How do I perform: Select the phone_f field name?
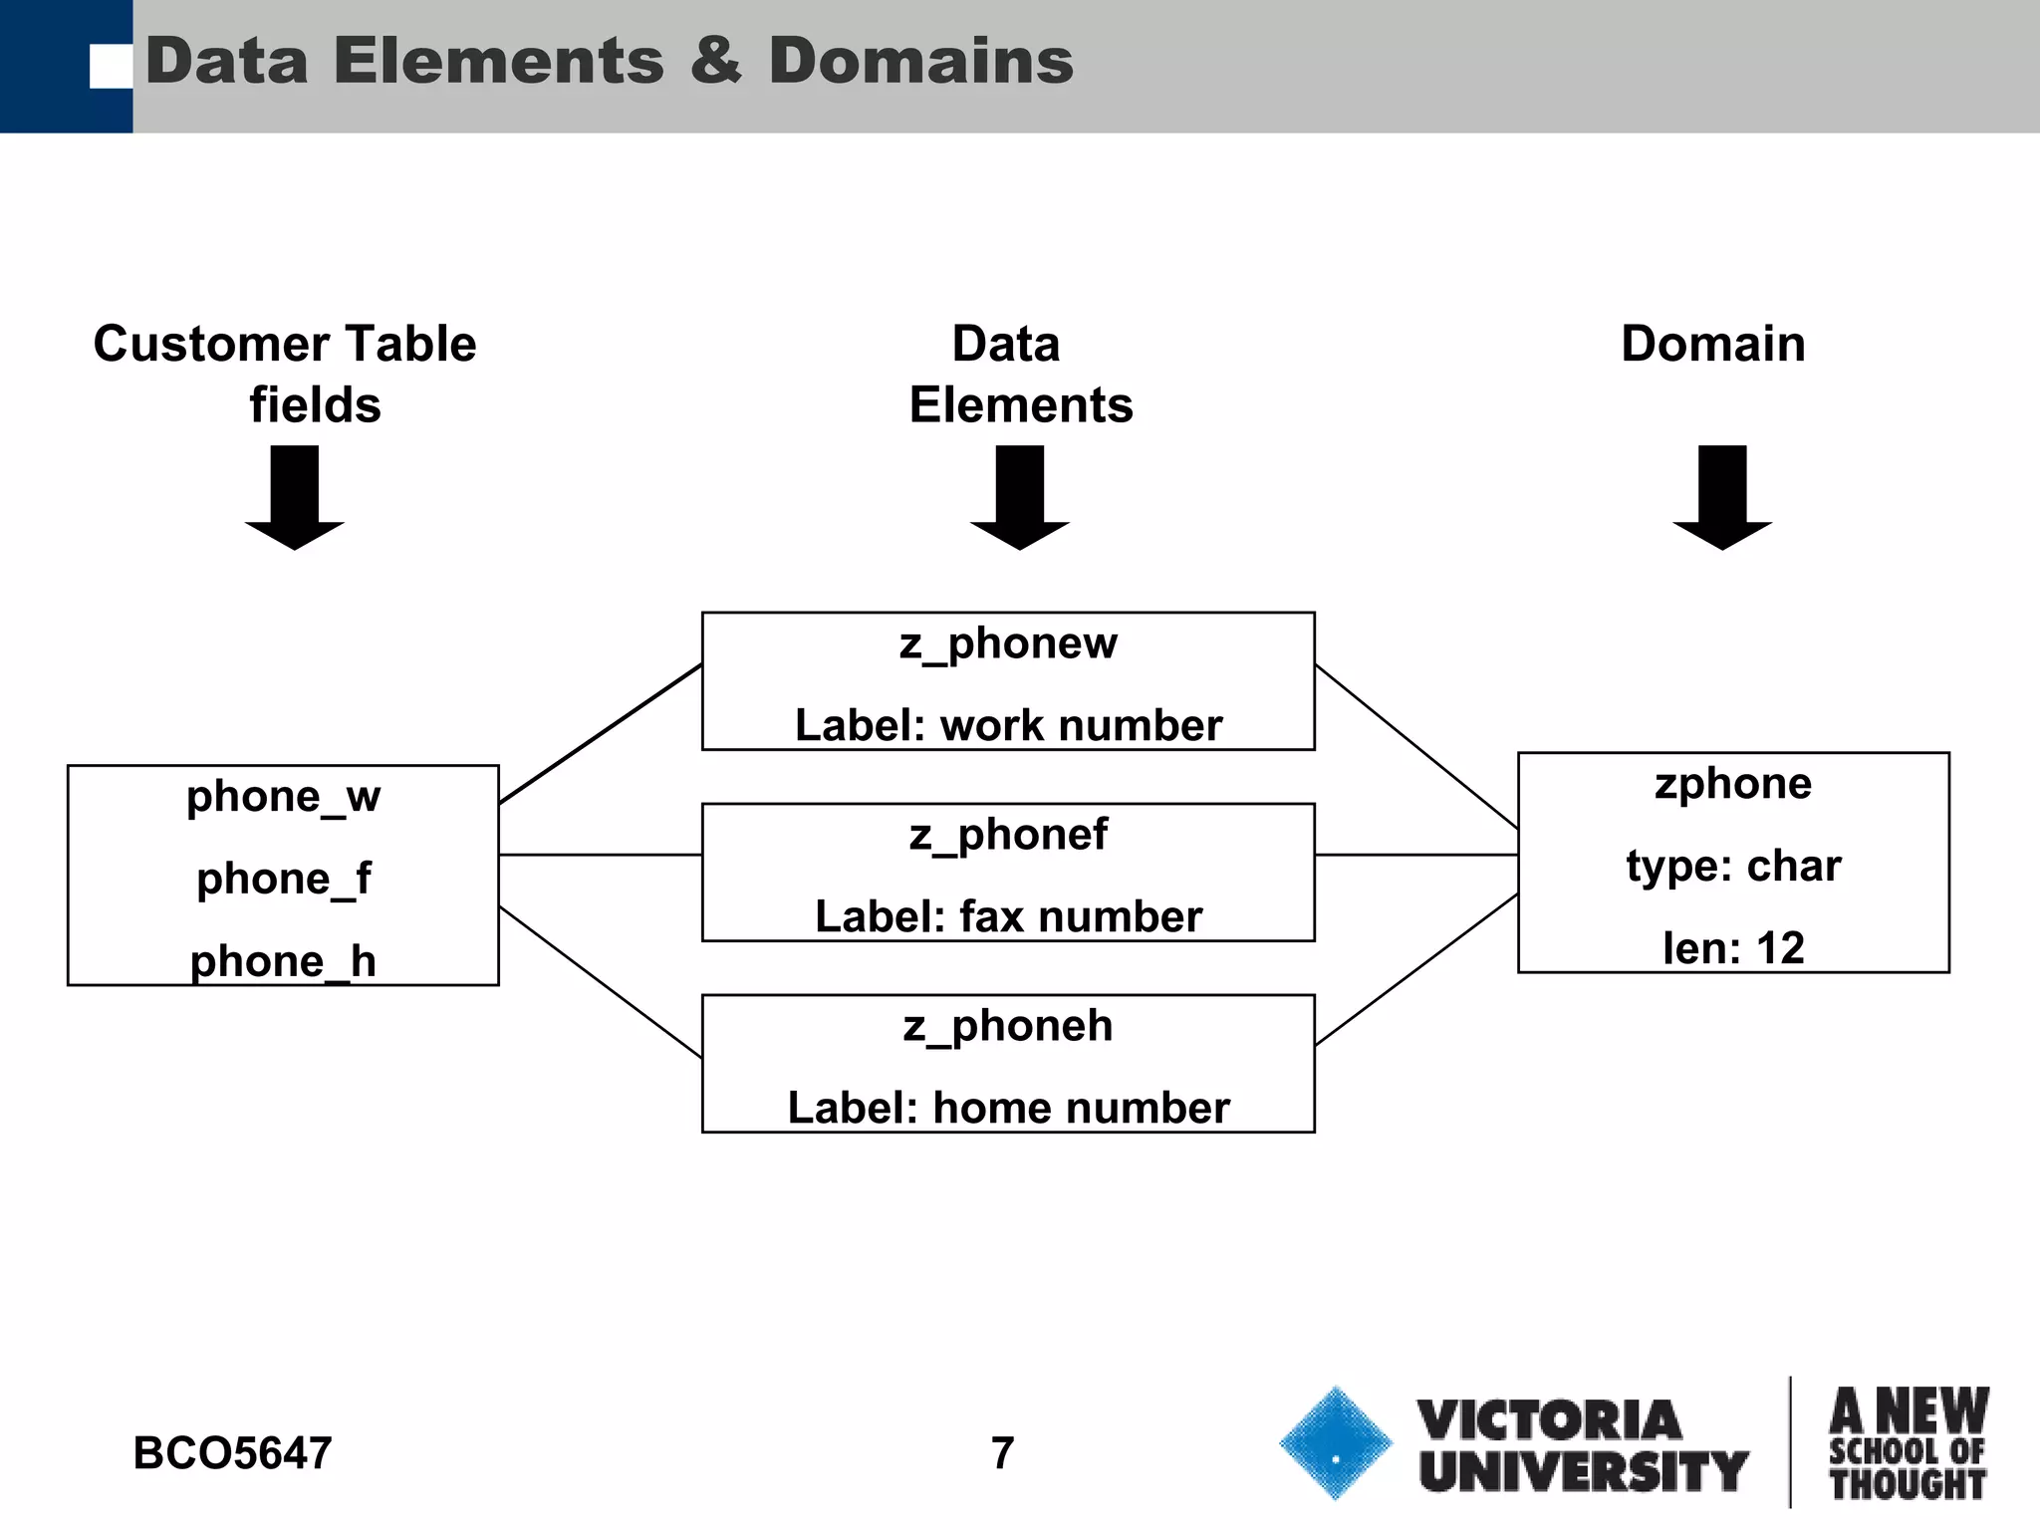pos(283,880)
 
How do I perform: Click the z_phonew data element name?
pos(1008,643)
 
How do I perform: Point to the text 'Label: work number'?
pos(1008,725)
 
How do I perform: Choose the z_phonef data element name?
pos(1008,835)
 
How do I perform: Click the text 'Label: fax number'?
pos(1008,917)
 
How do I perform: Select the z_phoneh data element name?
pos(1008,1026)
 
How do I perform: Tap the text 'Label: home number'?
pos(1008,1109)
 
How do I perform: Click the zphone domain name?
pos(1733,784)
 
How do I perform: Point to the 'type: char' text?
pos(1733,866)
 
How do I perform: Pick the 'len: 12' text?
pos(1733,948)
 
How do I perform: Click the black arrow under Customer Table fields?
pos(295,498)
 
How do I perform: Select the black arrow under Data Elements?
pos(1020,498)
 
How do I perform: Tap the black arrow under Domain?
pos(1722,498)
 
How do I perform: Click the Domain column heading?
pos(1713,344)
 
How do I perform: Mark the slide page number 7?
pos(1002,1453)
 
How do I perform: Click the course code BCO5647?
pos(232,1453)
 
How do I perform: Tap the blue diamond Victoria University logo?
pos(1335,1443)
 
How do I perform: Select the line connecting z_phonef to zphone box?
pos(1416,855)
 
